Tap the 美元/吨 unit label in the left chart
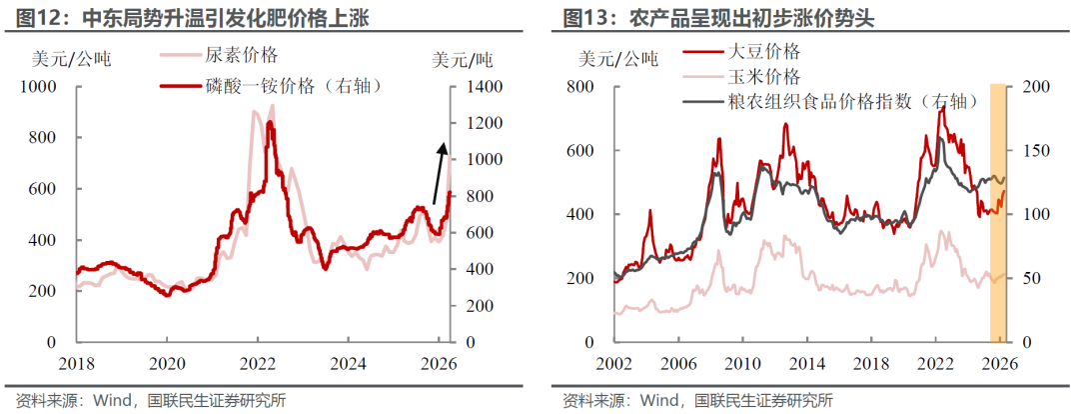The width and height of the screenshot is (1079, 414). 462,59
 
